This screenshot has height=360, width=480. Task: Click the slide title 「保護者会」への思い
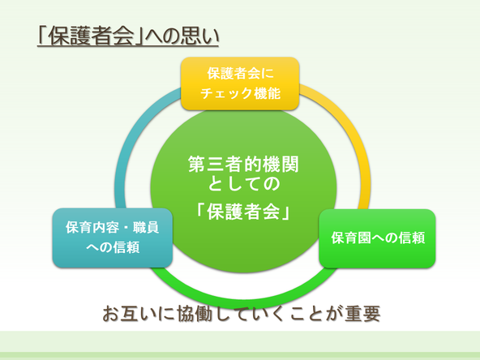point(127,36)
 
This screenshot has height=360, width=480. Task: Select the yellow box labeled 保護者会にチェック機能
point(240,84)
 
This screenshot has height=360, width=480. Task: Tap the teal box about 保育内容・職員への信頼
point(113,238)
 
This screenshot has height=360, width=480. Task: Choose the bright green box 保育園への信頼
point(377,238)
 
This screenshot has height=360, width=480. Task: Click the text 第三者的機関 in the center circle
point(243,164)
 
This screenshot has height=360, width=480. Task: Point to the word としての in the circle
point(244,184)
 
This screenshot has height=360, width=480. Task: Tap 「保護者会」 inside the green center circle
point(243,212)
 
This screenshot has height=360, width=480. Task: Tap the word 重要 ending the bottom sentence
point(362,314)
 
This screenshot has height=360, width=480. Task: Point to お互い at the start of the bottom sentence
point(128,314)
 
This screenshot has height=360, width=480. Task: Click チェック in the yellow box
point(225,93)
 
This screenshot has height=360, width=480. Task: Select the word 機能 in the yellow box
point(267,93)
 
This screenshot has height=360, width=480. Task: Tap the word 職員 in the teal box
point(146,228)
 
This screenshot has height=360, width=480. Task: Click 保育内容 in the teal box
point(92,228)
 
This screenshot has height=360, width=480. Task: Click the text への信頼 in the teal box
point(113,247)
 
